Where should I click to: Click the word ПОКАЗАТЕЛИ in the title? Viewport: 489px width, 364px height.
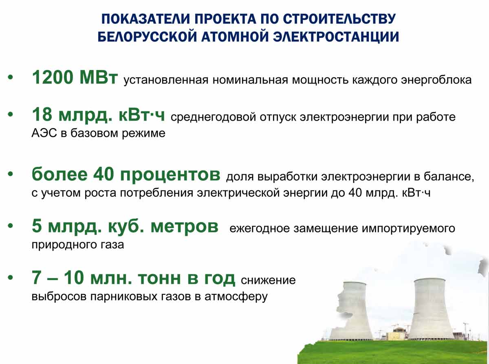click(x=145, y=19)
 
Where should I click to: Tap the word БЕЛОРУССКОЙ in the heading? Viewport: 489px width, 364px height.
click(x=147, y=37)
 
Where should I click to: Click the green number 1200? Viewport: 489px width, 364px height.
click(x=53, y=77)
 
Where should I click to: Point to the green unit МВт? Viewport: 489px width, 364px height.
click(x=99, y=77)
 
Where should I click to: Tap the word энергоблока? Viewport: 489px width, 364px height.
click(x=436, y=80)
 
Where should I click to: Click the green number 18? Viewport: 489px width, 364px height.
click(x=42, y=114)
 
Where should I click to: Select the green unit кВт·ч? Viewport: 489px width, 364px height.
click(x=142, y=114)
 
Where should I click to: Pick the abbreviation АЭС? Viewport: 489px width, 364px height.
click(x=44, y=133)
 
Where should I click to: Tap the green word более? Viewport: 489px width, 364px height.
click(x=59, y=174)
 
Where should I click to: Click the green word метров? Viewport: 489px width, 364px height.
click(x=185, y=227)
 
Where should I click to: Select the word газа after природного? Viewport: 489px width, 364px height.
click(x=112, y=245)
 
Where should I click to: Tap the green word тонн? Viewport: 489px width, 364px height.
click(x=159, y=278)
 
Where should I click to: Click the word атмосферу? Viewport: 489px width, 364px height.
click(x=236, y=297)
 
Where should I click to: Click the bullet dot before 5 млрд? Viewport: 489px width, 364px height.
click(x=11, y=226)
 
